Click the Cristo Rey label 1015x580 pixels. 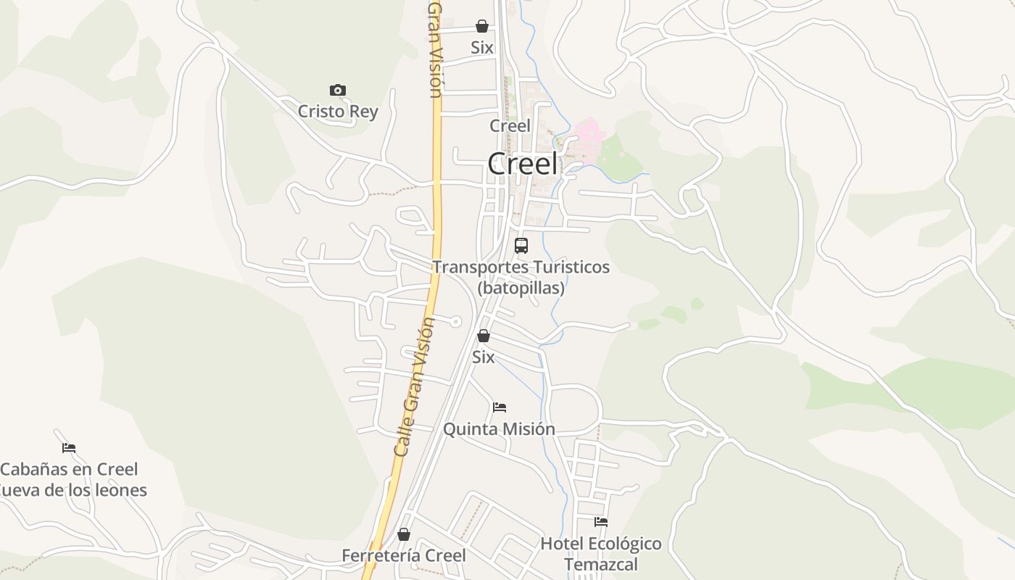pos(338,112)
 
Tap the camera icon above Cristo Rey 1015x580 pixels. pos(337,91)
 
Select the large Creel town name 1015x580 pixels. pos(523,164)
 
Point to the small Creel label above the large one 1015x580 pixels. pos(510,125)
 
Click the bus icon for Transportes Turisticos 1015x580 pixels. pos(521,246)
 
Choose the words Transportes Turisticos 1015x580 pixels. pos(521,267)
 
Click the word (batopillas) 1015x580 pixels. pos(521,288)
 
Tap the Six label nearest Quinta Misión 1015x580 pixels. pos(484,357)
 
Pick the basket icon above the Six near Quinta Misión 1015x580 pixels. pos(484,336)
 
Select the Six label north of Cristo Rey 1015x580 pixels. pos(482,48)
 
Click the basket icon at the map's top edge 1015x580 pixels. pos(482,27)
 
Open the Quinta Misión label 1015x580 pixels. pos(499,429)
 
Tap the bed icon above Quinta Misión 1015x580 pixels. pos(500,407)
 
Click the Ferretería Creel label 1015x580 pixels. pos(404,555)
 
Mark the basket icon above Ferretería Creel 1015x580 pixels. pos(404,535)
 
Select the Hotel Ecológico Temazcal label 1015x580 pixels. pos(601,553)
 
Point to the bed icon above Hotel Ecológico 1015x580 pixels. pos(601,522)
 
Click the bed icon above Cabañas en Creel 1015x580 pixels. pos(69,448)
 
